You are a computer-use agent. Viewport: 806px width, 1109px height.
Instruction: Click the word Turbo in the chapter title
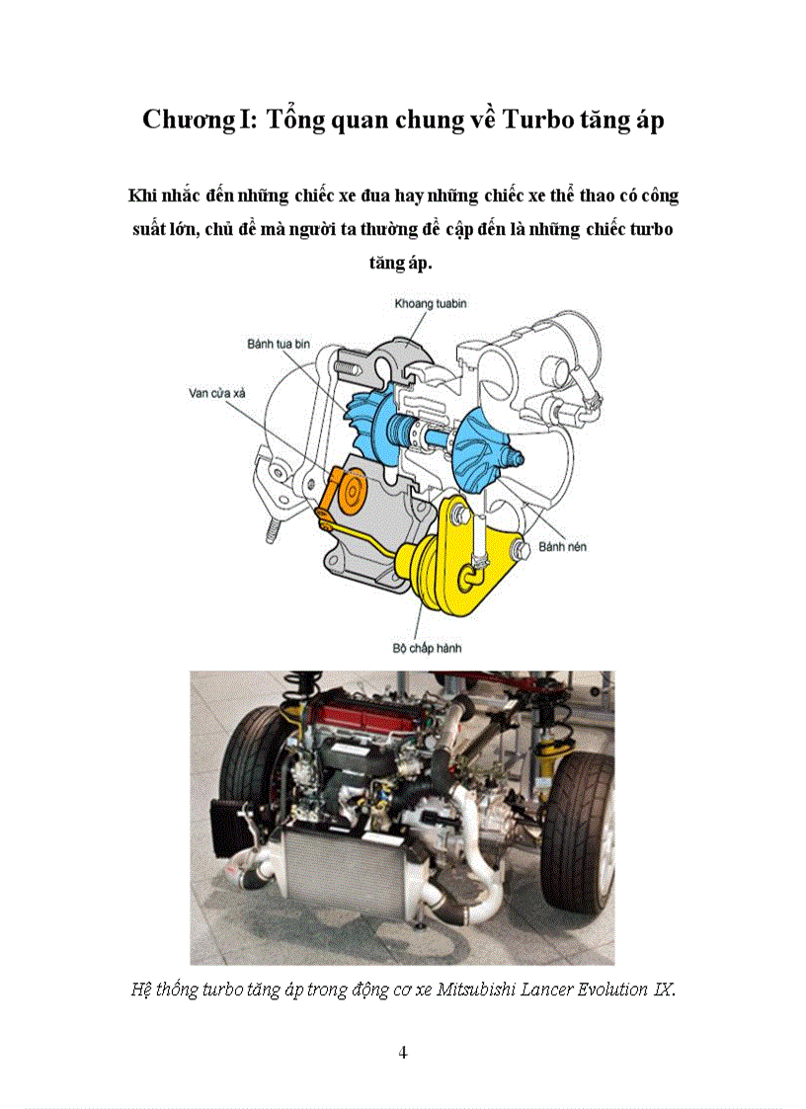[x=537, y=119]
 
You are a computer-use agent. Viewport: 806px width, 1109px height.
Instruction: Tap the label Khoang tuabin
[x=431, y=304]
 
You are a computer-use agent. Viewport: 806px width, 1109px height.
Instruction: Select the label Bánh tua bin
[x=279, y=345]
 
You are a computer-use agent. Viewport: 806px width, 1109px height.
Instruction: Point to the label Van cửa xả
[x=216, y=393]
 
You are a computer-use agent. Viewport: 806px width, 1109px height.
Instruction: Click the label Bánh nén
[x=563, y=547]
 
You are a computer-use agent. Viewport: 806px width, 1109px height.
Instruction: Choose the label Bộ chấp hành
[x=427, y=648]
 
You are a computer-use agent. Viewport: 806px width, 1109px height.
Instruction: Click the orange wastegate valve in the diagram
[x=342, y=494]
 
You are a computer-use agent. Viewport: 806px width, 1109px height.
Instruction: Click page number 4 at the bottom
[x=403, y=1053]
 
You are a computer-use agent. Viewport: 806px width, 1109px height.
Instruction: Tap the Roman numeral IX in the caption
[x=663, y=989]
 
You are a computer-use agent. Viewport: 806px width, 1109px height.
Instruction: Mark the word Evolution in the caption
[x=612, y=989]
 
